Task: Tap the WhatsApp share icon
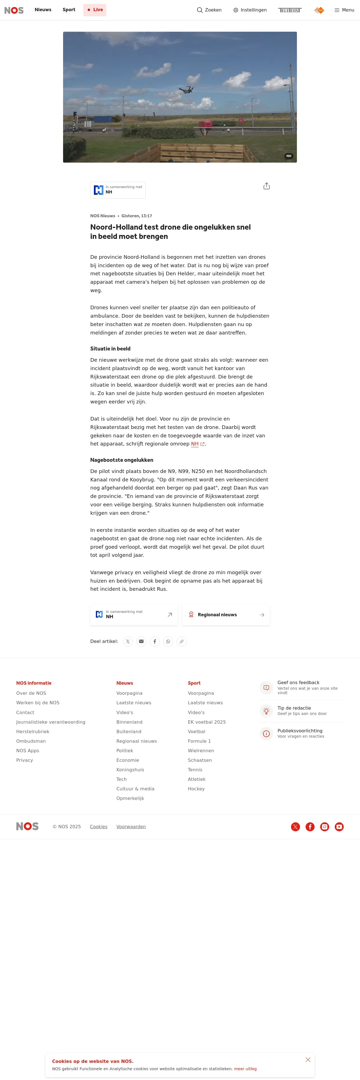[x=168, y=641]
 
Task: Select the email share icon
[x=141, y=641]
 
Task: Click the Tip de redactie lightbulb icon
[x=266, y=711]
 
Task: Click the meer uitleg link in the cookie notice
[x=245, y=1069]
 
